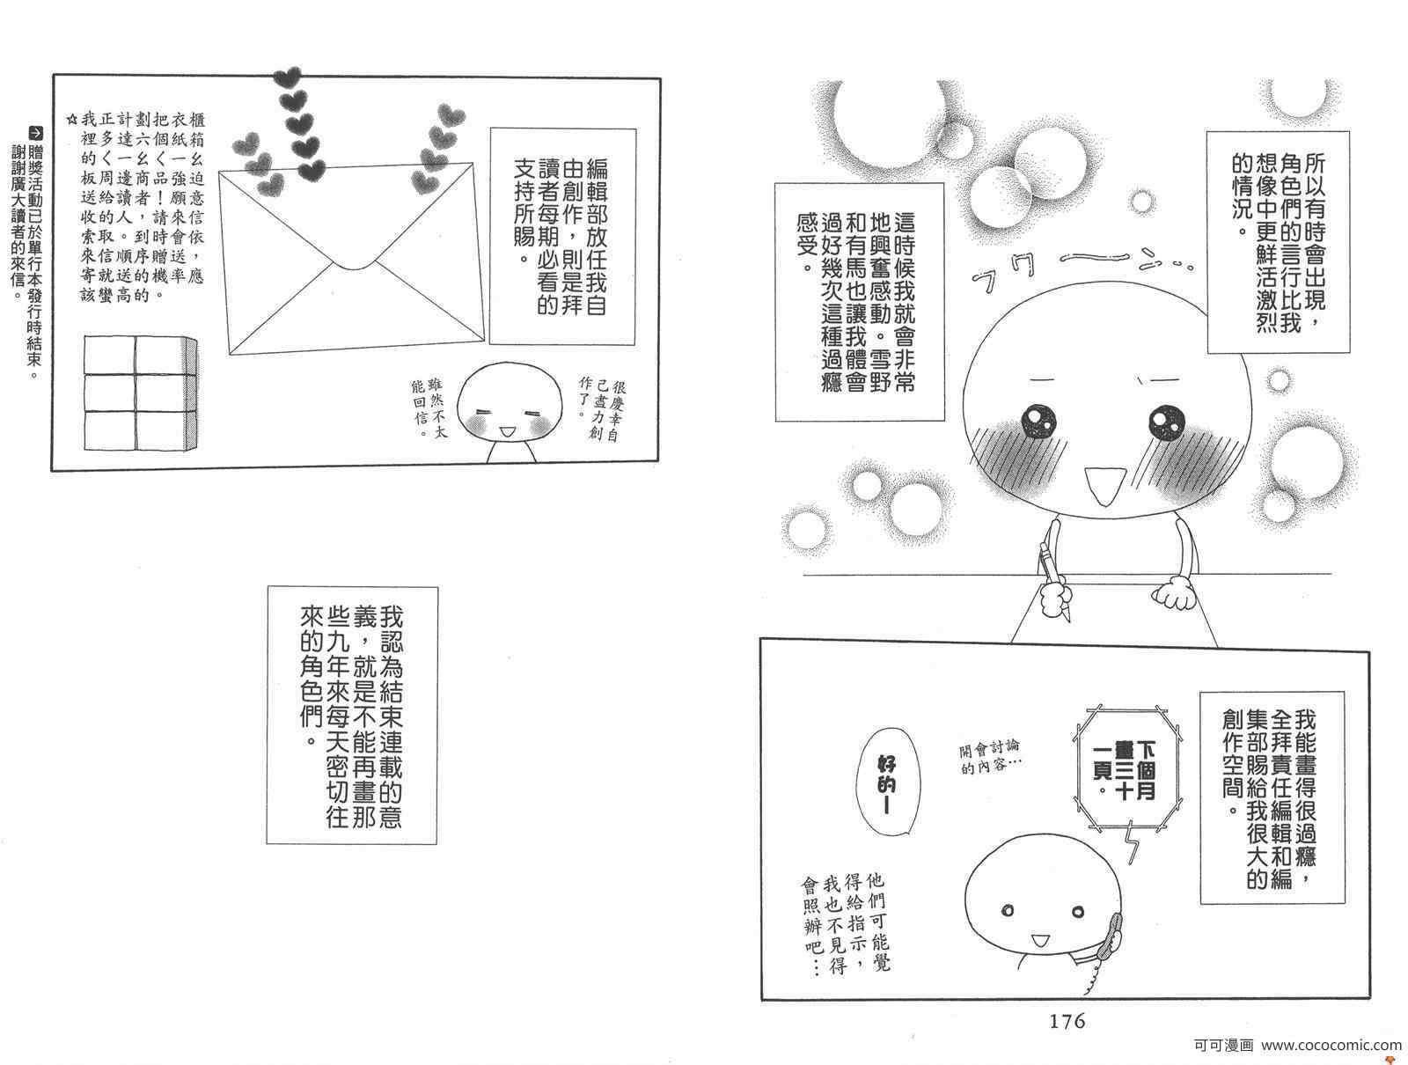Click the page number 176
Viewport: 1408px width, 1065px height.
(x=1067, y=1021)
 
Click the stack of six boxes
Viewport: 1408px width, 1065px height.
(x=141, y=393)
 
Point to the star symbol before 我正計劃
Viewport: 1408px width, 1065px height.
(x=72, y=120)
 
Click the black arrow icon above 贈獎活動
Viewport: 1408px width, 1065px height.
(x=37, y=133)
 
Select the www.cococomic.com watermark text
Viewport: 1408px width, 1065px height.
(x=1331, y=1045)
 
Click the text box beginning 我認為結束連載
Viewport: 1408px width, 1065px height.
(x=352, y=715)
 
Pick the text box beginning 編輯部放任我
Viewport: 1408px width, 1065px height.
(x=562, y=237)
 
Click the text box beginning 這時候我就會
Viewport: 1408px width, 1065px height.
(x=860, y=302)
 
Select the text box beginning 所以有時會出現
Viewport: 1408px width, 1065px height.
(x=1279, y=243)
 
